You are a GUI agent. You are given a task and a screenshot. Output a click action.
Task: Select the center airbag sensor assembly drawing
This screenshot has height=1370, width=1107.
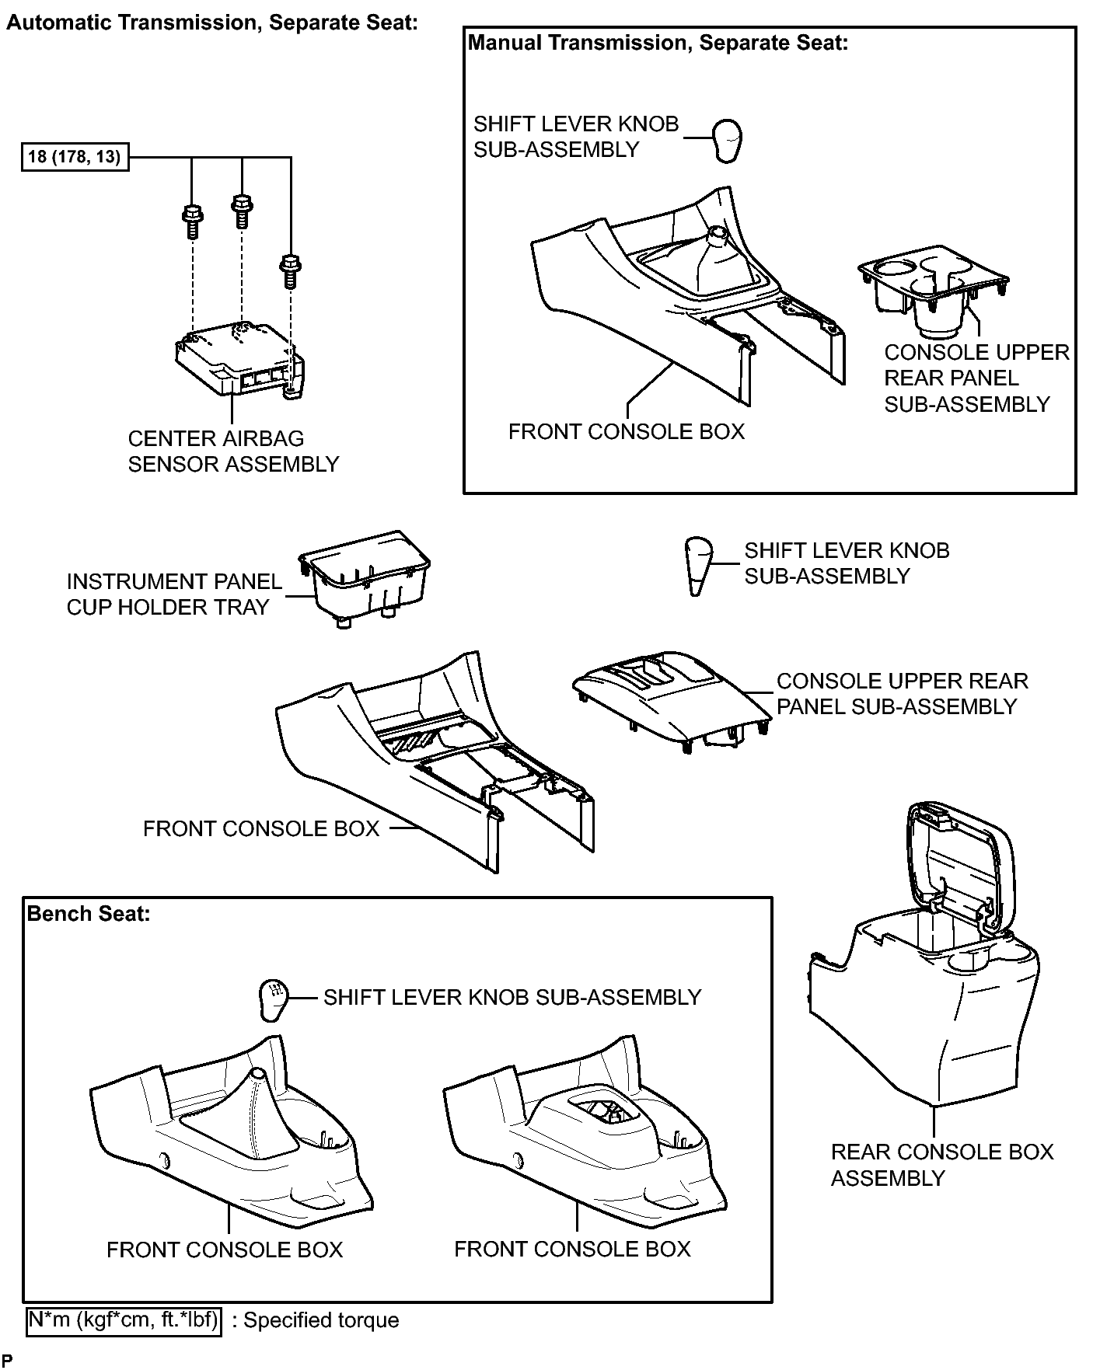point(239,360)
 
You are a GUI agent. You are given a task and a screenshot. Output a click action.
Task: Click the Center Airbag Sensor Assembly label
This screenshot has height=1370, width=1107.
point(233,451)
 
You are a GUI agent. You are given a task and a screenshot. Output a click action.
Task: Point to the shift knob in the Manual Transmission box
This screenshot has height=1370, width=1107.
point(727,140)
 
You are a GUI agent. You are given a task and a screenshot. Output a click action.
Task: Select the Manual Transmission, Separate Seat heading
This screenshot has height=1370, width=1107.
point(658,43)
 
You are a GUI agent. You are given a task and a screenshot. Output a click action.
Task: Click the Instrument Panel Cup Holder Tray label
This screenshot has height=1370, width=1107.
point(174,594)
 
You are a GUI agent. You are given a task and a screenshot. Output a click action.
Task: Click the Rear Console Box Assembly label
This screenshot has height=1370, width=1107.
point(942,1165)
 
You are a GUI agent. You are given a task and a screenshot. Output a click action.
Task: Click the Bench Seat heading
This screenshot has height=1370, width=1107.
point(88,914)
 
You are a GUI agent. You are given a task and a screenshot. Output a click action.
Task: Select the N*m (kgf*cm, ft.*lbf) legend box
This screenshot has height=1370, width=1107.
point(124,1320)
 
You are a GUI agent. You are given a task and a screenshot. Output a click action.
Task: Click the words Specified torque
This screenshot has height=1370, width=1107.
point(322,1321)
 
